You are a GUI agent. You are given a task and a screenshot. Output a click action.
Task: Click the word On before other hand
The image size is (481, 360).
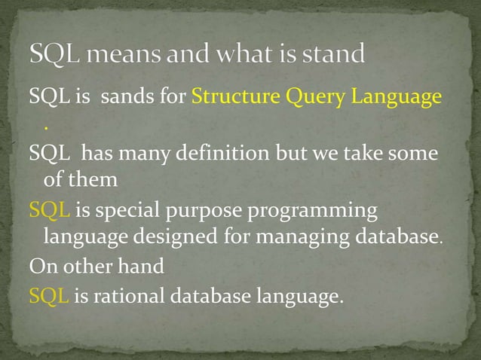click(40, 267)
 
